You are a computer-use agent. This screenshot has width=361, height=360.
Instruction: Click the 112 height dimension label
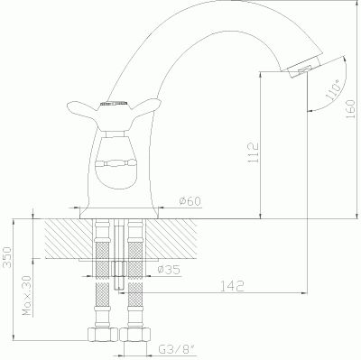[x=254, y=152]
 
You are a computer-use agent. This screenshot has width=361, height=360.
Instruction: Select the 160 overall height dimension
[x=350, y=109]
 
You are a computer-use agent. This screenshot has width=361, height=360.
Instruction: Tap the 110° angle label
[x=333, y=89]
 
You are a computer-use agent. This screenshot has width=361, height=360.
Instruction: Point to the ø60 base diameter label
[x=190, y=201]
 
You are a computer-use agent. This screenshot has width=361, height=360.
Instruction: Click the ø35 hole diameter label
[x=169, y=270]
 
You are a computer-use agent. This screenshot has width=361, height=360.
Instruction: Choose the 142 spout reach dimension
[x=232, y=286]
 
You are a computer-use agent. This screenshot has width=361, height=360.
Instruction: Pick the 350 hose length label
[x=7, y=256]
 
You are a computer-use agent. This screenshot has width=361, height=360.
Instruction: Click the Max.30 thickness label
[x=28, y=296]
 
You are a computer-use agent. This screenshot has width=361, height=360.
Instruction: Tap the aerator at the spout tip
[x=303, y=68]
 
